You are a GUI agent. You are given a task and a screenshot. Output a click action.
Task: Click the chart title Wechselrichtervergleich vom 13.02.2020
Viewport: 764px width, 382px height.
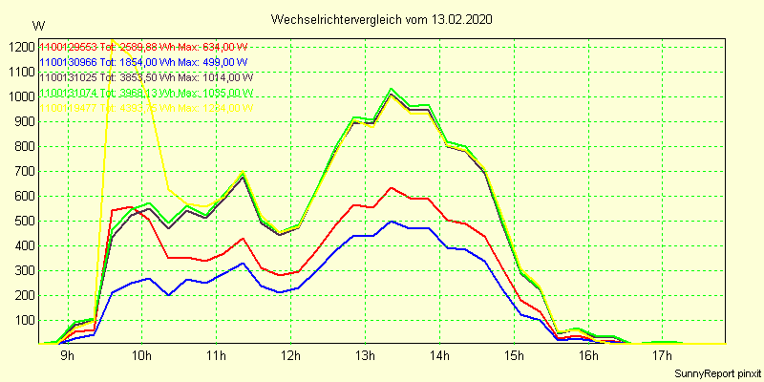pyautogui.click(x=382, y=19)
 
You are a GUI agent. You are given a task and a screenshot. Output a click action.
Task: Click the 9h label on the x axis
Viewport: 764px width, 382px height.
pyautogui.click(x=68, y=357)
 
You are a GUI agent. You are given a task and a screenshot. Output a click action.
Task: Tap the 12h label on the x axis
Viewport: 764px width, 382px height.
pyautogui.click(x=290, y=357)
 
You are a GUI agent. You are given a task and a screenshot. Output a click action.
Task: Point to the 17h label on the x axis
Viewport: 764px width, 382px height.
pyautogui.click(x=662, y=357)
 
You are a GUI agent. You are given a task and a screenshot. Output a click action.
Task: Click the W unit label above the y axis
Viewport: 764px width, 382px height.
pyautogui.click(x=37, y=26)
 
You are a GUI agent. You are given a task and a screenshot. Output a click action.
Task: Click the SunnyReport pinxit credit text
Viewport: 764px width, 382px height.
pyautogui.click(x=717, y=372)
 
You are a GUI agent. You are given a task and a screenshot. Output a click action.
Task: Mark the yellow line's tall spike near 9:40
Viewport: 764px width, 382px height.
pyautogui.click(x=113, y=42)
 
